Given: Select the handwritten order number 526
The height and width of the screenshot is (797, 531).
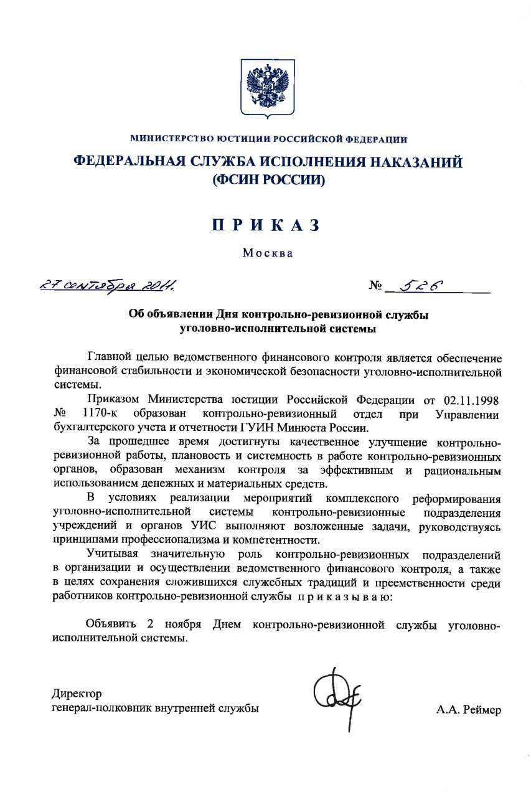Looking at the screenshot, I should tap(423, 285).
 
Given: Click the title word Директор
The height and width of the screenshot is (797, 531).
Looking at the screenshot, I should tap(77, 694).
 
